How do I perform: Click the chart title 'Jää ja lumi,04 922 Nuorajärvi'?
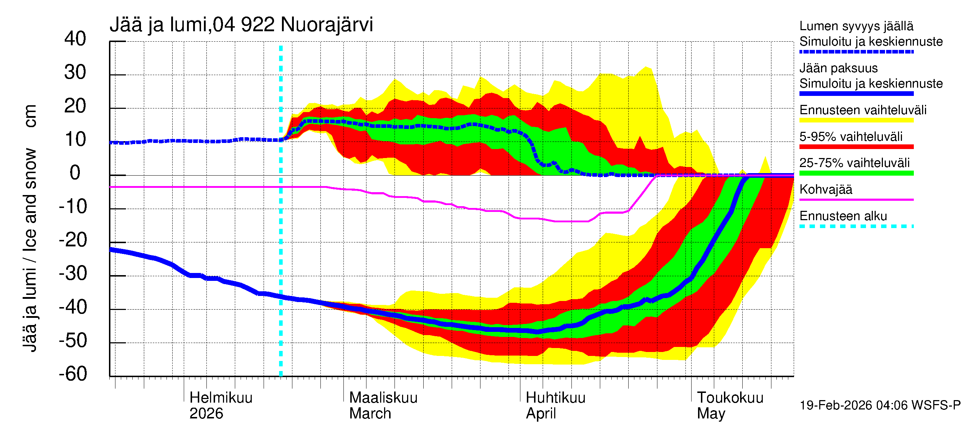click(241, 25)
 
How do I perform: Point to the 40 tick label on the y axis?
click(75, 39)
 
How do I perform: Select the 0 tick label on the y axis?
click(75, 173)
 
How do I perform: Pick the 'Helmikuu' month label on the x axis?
click(221, 398)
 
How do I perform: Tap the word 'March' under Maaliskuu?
click(370, 413)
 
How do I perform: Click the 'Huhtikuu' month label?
click(555, 398)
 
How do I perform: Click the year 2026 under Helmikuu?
click(206, 413)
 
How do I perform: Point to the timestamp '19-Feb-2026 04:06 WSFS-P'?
click(880, 405)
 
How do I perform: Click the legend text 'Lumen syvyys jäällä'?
click(856, 26)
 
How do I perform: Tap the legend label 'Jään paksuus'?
click(838, 68)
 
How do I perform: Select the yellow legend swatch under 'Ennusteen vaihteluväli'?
click(856, 120)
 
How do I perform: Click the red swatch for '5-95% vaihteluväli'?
click(856, 147)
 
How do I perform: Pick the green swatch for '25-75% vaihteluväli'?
click(856, 173)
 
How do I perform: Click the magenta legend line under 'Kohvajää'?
click(856, 199)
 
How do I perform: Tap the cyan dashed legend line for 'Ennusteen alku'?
click(856, 226)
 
